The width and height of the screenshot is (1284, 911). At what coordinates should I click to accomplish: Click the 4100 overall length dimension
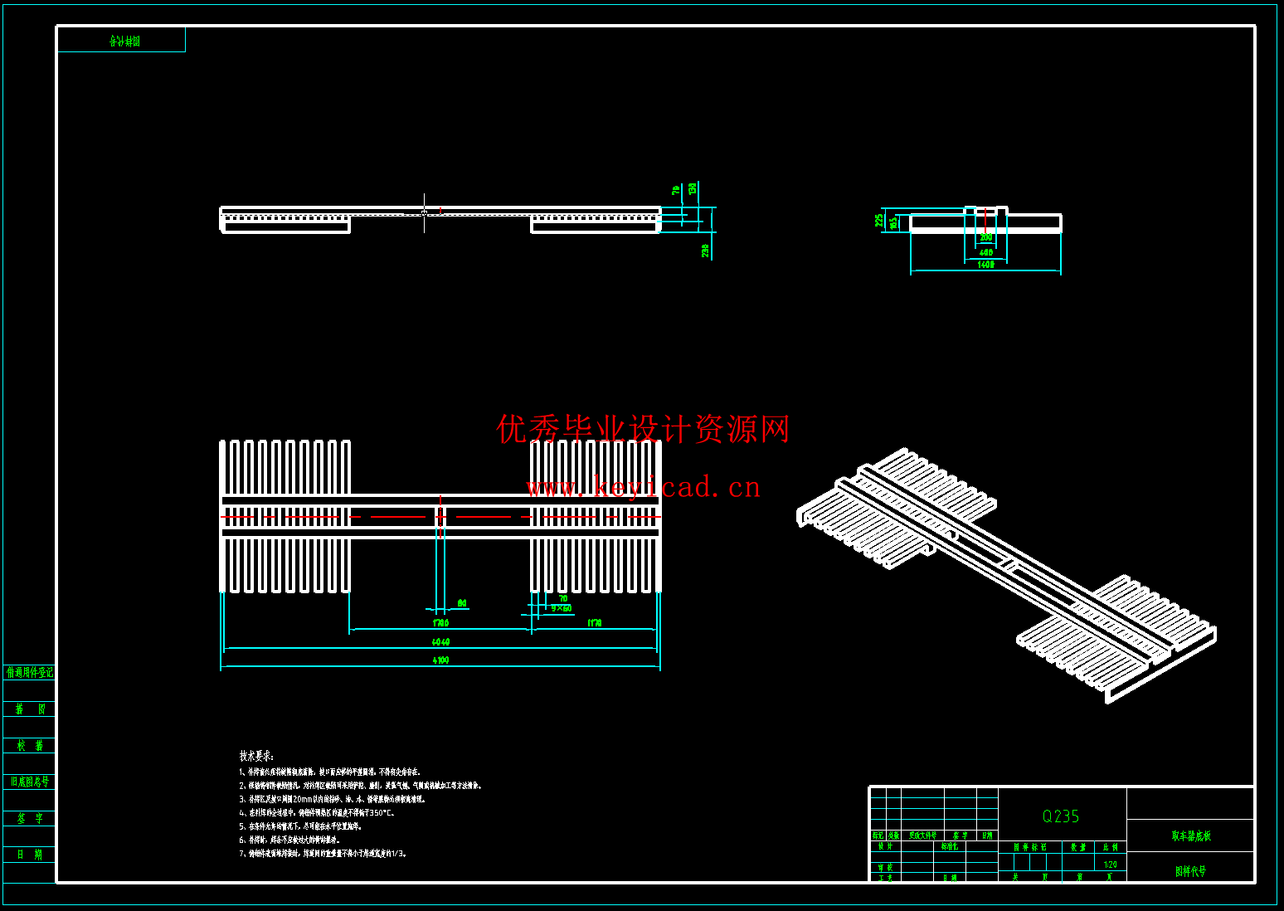(x=440, y=660)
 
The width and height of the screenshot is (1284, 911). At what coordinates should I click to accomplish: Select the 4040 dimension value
(x=440, y=642)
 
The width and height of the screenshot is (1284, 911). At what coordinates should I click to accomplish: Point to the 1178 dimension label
(x=595, y=623)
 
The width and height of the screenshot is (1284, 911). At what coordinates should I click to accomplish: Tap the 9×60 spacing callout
(x=562, y=608)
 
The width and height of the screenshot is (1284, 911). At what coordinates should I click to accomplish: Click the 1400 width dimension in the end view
(x=985, y=265)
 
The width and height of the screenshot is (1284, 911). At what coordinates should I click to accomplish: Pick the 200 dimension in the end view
(x=985, y=238)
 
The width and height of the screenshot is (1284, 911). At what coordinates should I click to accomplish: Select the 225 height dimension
(x=879, y=221)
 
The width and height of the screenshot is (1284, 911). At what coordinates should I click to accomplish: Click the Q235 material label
(x=1061, y=816)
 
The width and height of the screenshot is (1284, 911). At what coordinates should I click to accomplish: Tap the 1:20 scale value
(x=1110, y=865)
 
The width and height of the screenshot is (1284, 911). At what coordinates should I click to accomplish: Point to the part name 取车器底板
(x=1191, y=836)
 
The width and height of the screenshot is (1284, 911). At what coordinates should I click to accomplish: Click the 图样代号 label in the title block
(x=1190, y=871)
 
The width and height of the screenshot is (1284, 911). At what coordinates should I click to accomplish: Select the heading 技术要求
(x=257, y=756)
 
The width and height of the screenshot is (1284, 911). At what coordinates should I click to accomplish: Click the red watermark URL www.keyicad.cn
(x=644, y=487)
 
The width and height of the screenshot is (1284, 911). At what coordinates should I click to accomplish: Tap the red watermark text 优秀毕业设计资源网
(x=644, y=429)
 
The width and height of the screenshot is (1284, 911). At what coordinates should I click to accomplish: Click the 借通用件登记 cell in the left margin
(x=30, y=672)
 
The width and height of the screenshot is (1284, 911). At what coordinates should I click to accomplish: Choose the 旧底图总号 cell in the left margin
(x=30, y=782)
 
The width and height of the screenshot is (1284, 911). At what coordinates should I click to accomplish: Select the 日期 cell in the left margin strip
(x=30, y=855)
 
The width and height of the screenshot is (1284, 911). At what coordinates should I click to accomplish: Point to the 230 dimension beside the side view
(x=705, y=250)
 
